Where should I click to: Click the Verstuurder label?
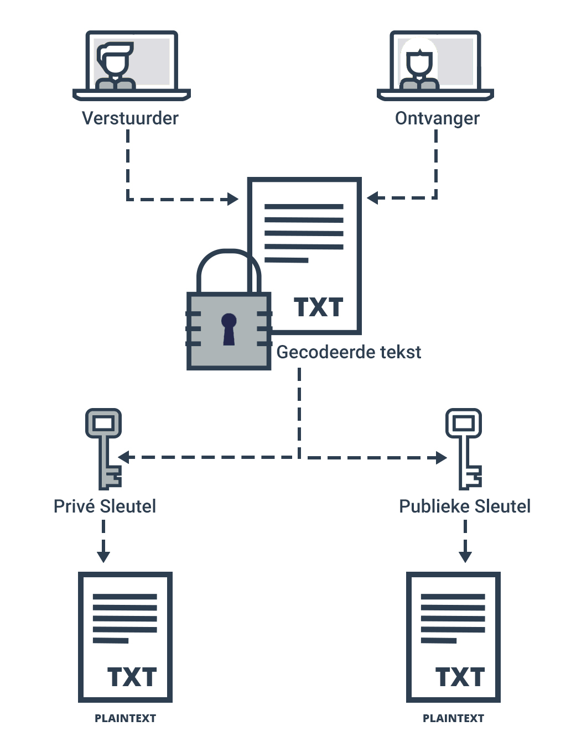coord(130,118)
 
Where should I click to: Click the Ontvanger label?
coord(437,118)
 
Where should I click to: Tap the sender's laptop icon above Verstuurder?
coord(132,65)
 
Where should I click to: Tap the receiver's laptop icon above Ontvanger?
coord(435,65)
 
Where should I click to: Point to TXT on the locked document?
coord(318,307)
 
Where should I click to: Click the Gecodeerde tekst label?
coord(349,352)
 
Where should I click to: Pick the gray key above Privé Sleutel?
coord(104,448)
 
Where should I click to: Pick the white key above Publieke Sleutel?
coord(464,448)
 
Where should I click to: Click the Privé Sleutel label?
coord(105,506)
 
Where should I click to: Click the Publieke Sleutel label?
coord(465,506)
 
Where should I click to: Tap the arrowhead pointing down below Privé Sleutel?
coord(103,556)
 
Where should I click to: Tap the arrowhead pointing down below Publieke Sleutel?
coord(465,556)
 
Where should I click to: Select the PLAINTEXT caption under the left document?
coord(125,718)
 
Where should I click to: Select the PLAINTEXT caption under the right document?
coord(453,718)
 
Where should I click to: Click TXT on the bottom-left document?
coord(132,677)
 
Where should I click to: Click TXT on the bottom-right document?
coord(460,677)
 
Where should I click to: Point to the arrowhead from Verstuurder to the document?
coord(233,199)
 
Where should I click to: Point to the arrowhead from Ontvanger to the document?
coord(372,198)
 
